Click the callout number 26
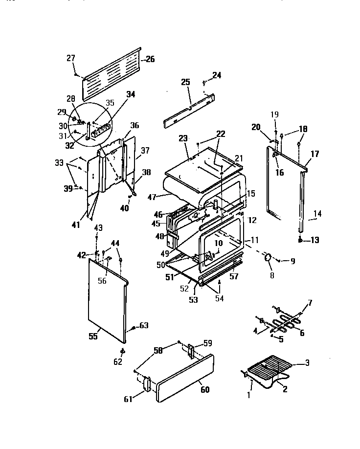[149, 60]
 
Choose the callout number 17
[314, 154]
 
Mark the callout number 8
[272, 275]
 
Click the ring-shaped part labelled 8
[268, 258]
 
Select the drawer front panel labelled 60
[186, 380]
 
